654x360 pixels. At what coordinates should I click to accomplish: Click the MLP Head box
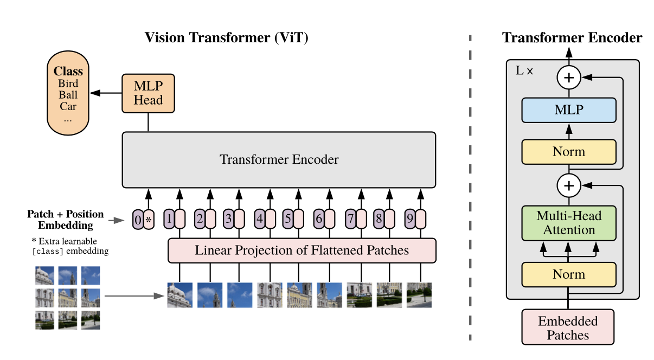148,93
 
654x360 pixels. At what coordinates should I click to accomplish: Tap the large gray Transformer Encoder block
279,159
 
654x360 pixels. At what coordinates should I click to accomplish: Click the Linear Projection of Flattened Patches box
302,250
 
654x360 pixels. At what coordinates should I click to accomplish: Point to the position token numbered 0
138,220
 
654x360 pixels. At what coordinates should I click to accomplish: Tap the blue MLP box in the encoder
568,110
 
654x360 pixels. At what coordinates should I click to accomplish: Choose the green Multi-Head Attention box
568,223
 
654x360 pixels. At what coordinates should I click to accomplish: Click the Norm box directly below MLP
568,152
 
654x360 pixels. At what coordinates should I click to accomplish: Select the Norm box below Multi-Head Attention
568,274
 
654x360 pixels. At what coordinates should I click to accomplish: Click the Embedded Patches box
568,327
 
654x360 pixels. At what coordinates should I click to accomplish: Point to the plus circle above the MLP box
568,78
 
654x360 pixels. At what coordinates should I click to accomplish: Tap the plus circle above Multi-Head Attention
568,186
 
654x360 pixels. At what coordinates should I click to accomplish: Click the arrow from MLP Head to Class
105,93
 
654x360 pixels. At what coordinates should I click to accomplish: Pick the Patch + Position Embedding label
66,220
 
